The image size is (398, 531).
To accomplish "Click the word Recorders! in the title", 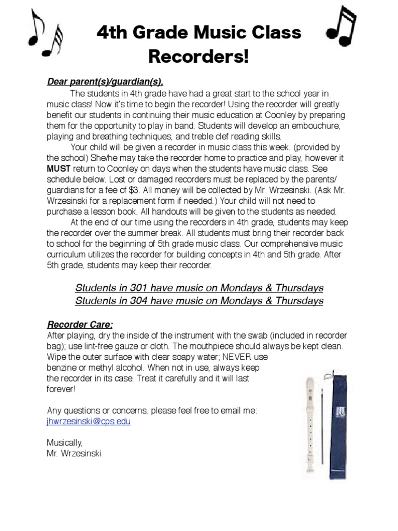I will pos(198,57).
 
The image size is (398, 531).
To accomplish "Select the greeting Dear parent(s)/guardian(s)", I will pos(105,81).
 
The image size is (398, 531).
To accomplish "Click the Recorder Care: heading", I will pos(80,325).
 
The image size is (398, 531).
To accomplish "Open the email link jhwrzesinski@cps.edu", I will pos(89,422).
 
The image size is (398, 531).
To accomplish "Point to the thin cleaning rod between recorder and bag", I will pos(323,430).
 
